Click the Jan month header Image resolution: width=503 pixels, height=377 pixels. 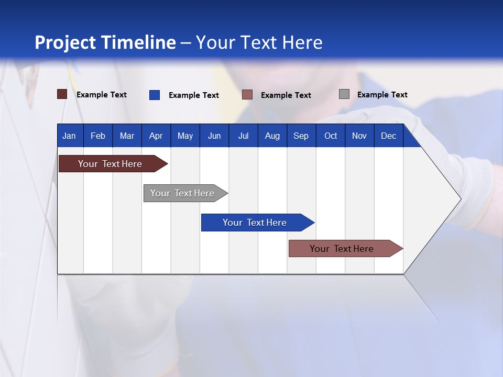click(69, 136)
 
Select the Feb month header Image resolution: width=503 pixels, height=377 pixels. click(98, 136)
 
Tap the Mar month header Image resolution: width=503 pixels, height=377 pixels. click(127, 136)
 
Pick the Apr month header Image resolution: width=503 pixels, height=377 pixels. click(156, 136)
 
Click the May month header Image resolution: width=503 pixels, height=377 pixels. click(185, 136)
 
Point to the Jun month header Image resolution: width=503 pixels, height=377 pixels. click(214, 136)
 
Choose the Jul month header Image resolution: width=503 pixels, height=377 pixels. click(243, 136)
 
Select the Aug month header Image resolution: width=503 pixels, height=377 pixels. click(272, 136)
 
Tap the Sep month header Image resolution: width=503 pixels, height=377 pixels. click(301, 136)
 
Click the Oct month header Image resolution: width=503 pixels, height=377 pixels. click(331, 136)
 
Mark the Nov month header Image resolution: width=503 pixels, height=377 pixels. click(359, 136)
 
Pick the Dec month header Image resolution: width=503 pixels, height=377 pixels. click(388, 136)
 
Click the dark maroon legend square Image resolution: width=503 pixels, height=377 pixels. click(62, 94)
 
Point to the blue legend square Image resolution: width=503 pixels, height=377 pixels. click(155, 95)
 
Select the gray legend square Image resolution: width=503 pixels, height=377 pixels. click(344, 94)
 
